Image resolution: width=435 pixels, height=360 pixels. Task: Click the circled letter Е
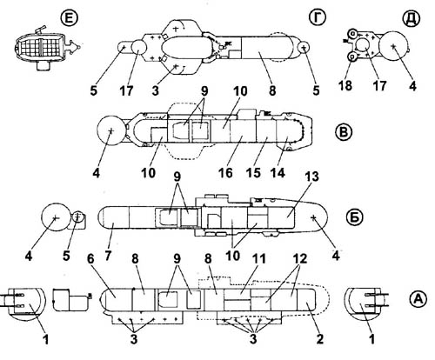tap(70, 18)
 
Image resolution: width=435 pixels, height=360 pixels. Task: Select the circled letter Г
tap(318, 17)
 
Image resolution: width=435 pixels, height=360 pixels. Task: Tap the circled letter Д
tap(412, 19)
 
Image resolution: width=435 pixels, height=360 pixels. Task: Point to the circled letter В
tap(344, 132)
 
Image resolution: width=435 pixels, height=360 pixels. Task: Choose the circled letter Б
tap(355, 217)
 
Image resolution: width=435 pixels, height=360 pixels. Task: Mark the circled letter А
tap(418, 299)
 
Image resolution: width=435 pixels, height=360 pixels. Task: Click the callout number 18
tap(345, 85)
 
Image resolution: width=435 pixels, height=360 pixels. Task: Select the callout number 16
tap(225, 173)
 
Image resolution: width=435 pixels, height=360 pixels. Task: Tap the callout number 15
tap(253, 173)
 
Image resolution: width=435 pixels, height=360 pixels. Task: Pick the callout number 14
tap(278, 173)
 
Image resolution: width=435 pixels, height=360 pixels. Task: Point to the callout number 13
tap(311, 177)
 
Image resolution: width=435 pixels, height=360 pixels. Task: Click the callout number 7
tap(108, 256)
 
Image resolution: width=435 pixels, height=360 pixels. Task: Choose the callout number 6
tap(90, 259)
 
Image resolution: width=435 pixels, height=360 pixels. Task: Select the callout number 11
tap(259, 259)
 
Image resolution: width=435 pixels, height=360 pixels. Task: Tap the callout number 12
tap(300, 259)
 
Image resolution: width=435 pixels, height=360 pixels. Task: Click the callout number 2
tap(319, 338)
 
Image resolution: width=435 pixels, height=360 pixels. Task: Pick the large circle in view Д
tap(394, 46)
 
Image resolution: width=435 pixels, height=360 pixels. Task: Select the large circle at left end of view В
tap(110, 131)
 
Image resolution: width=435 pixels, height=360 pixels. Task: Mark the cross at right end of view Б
tap(313, 217)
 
